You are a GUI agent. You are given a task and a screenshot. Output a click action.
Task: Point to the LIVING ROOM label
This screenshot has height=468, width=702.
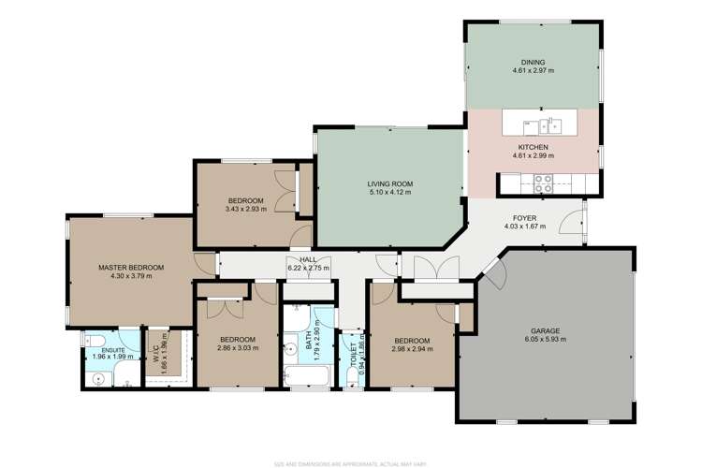pyautogui.click(x=390, y=183)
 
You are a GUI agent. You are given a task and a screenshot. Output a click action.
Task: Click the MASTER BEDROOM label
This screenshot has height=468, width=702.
pyautogui.click(x=131, y=268)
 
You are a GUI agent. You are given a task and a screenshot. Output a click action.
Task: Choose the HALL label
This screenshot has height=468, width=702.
pyautogui.click(x=307, y=259)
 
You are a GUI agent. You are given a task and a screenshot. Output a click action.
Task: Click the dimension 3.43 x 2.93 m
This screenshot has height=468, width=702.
pyautogui.click(x=245, y=211)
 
